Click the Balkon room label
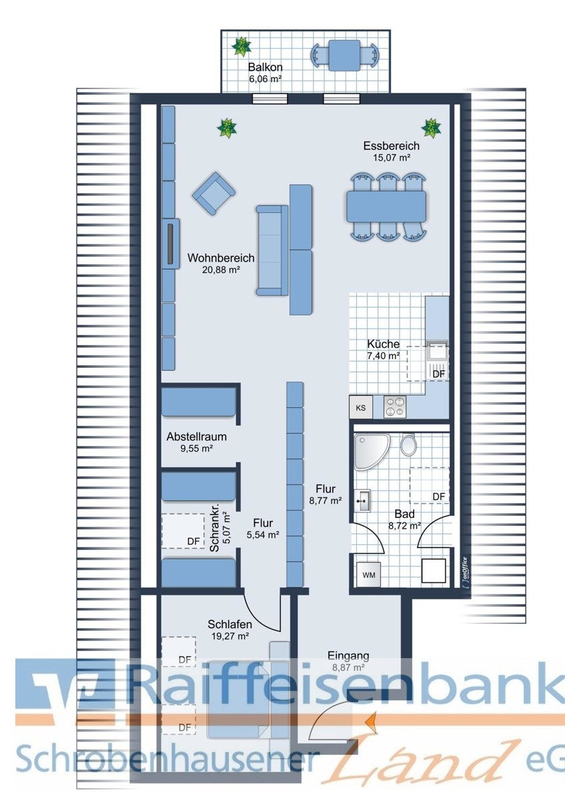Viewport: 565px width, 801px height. click(x=265, y=67)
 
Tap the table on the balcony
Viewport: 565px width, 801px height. click(x=344, y=55)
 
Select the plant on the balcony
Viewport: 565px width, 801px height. click(x=241, y=46)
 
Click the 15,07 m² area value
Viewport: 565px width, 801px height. click(x=392, y=158)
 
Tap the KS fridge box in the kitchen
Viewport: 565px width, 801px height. click(x=361, y=407)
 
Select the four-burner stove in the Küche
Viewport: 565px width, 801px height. click(x=395, y=407)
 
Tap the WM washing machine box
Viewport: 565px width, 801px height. click(x=369, y=575)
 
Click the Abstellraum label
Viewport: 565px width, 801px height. click(x=197, y=437)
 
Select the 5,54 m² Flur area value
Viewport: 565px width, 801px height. click(x=263, y=535)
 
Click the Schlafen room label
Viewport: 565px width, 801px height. click(x=229, y=624)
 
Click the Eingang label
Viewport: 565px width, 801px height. click(x=348, y=655)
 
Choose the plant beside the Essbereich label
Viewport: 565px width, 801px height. click(x=431, y=127)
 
